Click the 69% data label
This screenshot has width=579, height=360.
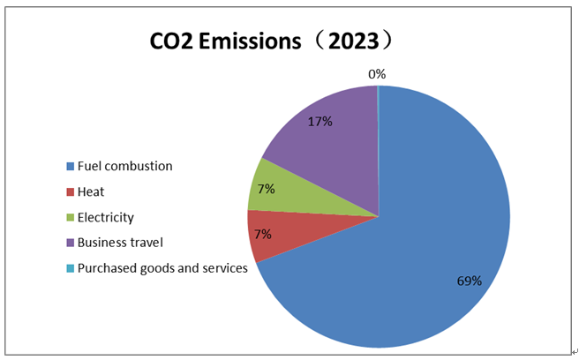(x=470, y=281)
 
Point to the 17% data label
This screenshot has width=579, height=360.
(x=320, y=121)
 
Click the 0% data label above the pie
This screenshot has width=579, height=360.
(x=377, y=74)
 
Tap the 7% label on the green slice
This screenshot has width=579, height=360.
(x=267, y=188)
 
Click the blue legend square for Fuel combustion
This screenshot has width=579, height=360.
(x=71, y=166)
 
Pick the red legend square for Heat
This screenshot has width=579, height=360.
(x=71, y=191)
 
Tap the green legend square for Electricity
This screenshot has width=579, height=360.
(x=71, y=217)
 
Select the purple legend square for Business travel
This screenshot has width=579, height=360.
(x=71, y=243)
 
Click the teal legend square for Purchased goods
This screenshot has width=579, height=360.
(x=71, y=268)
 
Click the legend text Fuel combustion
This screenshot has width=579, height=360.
(x=124, y=166)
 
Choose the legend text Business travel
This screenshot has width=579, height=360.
(x=120, y=243)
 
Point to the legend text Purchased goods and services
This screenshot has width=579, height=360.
(x=162, y=268)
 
